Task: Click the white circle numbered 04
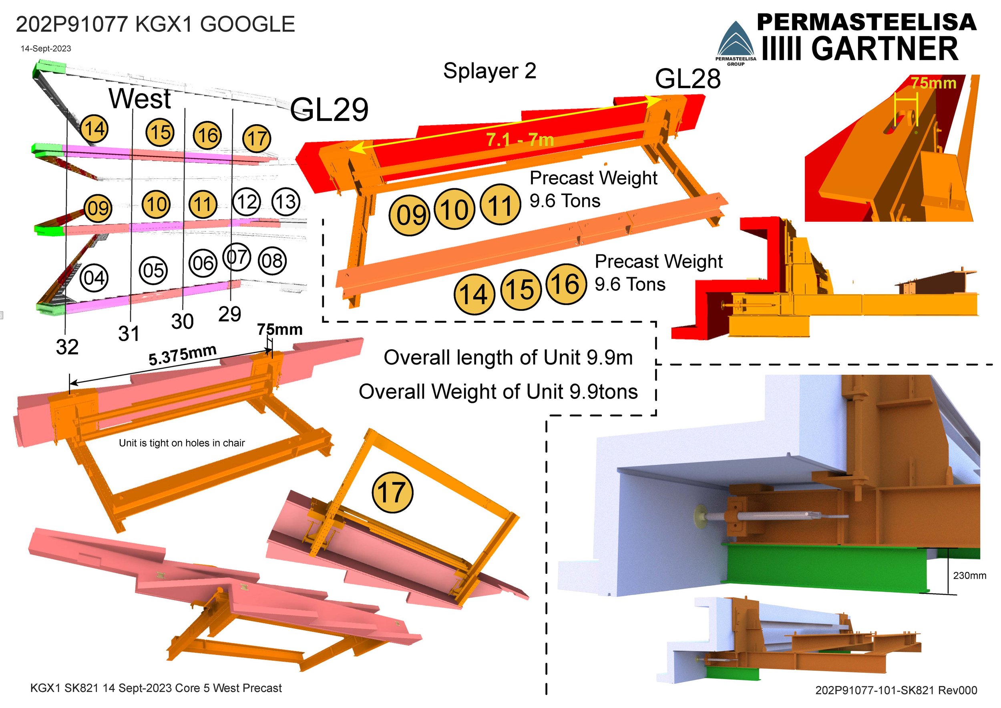pyautogui.click(x=94, y=278)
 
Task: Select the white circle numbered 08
pyautogui.click(x=273, y=261)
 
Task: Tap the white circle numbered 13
pyautogui.click(x=285, y=202)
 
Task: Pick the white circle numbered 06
pyautogui.click(x=203, y=263)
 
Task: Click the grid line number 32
pyautogui.click(x=67, y=347)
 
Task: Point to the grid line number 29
pyautogui.click(x=230, y=314)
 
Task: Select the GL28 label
pyautogui.click(x=687, y=79)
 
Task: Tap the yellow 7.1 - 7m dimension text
pyautogui.click(x=520, y=140)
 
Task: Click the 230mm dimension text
pyautogui.click(x=969, y=575)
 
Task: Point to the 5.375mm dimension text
pyautogui.click(x=183, y=355)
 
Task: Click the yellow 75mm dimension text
pyautogui.click(x=933, y=83)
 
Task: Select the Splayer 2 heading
pyautogui.click(x=490, y=71)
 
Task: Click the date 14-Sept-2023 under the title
pyautogui.click(x=46, y=48)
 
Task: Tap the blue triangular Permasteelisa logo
pyautogui.click(x=736, y=41)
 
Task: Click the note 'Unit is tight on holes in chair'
pyautogui.click(x=182, y=443)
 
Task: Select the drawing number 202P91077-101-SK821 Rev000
pyautogui.click(x=896, y=690)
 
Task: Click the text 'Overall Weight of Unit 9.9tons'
pyautogui.click(x=498, y=392)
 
